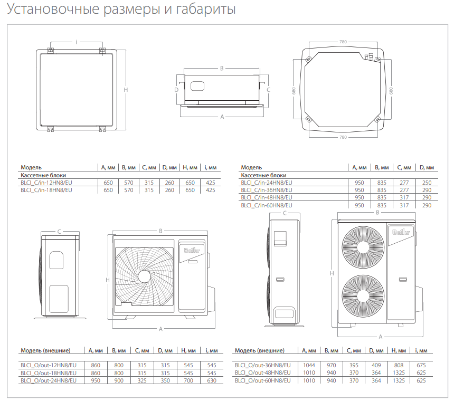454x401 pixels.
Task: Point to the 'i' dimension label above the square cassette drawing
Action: coord(77,41)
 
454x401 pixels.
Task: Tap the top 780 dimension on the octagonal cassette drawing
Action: coord(343,42)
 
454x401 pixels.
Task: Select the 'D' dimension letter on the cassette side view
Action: coord(176,90)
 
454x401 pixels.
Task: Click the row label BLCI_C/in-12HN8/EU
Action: coord(46,182)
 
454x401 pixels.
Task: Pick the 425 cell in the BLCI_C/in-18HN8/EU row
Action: coord(211,190)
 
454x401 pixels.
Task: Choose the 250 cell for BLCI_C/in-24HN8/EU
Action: coord(427,182)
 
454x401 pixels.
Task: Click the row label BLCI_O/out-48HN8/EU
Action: coord(262,373)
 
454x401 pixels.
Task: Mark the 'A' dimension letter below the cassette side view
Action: coord(222,116)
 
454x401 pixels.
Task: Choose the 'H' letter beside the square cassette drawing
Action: coord(126,90)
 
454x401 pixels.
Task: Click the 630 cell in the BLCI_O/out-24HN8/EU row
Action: coord(212,380)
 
